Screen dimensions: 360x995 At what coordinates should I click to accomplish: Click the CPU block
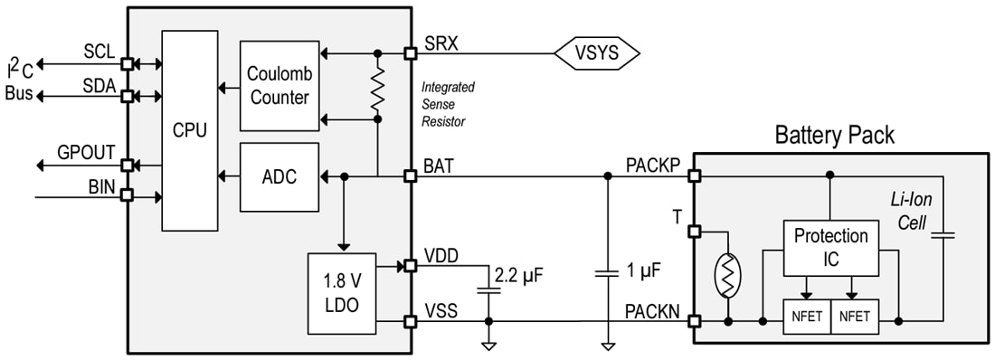(x=190, y=129)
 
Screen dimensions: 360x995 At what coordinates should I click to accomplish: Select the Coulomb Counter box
(x=280, y=86)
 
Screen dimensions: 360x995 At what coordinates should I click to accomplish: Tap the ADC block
(x=280, y=176)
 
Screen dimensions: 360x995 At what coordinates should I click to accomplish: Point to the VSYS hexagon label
(x=597, y=53)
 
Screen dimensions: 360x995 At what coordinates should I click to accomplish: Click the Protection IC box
(x=830, y=246)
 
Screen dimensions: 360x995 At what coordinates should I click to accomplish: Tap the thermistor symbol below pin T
(x=727, y=275)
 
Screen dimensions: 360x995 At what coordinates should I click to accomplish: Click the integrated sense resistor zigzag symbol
(x=377, y=90)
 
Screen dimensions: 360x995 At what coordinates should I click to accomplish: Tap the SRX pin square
(x=410, y=53)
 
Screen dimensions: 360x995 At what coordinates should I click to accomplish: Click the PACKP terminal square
(x=695, y=176)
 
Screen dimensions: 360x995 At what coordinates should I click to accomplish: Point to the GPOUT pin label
(x=86, y=152)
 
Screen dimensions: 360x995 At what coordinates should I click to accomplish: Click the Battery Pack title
(x=834, y=135)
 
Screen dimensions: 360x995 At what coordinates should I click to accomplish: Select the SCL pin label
(x=99, y=52)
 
